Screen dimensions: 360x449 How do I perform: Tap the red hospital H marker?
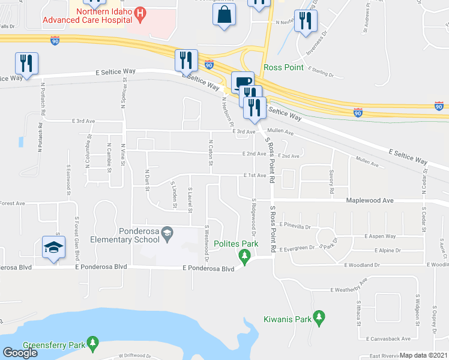pyautogui.click(x=140, y=13)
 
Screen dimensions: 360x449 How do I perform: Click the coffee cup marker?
pyautogui.click(x=243, y=82)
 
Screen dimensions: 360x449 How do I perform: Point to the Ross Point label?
pyautogui.click(x=284, y=67)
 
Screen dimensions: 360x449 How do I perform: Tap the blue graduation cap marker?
pyautogui.click(x=53, y=247)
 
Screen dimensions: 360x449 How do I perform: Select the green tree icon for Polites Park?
pyautogui.click(x=244, y=257)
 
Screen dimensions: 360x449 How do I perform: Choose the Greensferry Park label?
pyautogui.click(x=52, y=346)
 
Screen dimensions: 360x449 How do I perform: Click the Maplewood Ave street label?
pyautogui.click(x=368, y=200)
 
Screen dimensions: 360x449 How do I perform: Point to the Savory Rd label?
pyautogui.click(x=331, y=181)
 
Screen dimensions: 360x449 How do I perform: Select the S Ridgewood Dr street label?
pyautogui.click(x=255, y=217)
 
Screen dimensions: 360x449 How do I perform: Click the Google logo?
pyautogui.click(x=20, y=353)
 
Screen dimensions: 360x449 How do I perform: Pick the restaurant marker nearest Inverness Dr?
pyautogui.click(x=305, y=23)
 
